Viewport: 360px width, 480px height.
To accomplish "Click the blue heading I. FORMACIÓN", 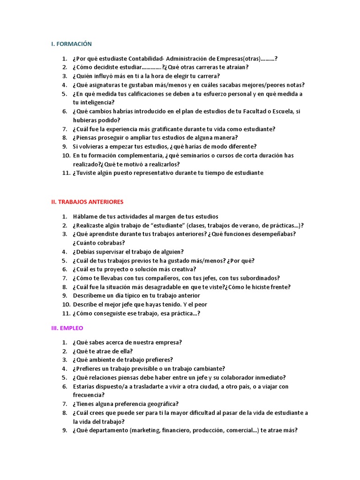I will tap(71, 44).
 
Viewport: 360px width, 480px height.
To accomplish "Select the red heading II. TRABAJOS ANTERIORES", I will tap(87, 202).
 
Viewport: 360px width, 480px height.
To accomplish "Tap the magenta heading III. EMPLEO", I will tap(67, 328).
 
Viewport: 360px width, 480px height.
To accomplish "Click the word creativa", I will tap(182, 270).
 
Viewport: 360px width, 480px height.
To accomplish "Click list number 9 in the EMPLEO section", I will tap(65, 431).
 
